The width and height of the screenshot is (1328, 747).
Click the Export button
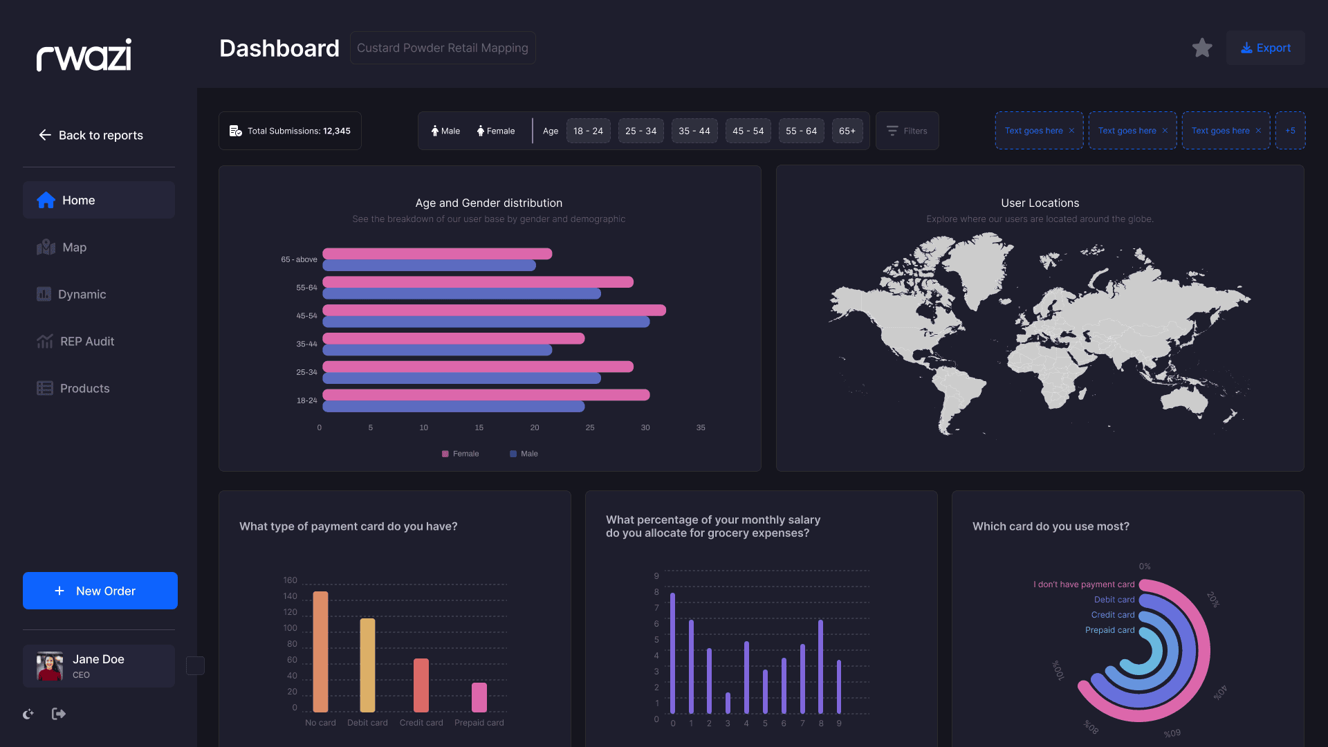tap(1266, 48)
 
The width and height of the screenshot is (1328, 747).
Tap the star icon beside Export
tap(1202, 48)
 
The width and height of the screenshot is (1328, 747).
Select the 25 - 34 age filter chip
tap(641, 131)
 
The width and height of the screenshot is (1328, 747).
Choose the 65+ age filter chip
tap(847, 131)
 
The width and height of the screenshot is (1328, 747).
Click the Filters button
tap(907, 131)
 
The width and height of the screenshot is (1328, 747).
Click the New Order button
tap(100, 591)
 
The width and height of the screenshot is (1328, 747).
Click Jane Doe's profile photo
tap(50, 666)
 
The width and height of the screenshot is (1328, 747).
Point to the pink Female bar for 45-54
tap(495, 311)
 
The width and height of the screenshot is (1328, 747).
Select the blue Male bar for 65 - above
tap(430, 266)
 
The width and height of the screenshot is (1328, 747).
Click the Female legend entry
tap(461, 454)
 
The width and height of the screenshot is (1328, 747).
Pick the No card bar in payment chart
tap(320, 652)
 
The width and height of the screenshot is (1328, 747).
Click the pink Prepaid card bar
tap(479, 697)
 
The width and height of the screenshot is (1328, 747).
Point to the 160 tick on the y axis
tap(290, 580)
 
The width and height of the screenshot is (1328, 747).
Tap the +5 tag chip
tap(1291, 131)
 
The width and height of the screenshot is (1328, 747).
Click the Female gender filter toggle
tap(496, 131)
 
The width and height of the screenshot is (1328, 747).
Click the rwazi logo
tap(84, 55)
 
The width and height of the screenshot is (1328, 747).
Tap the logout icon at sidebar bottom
tap(59, 714)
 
